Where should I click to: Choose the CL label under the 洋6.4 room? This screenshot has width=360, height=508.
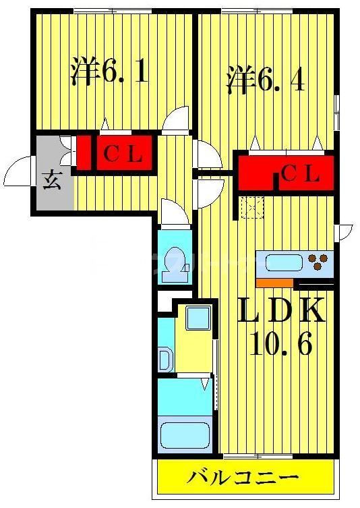tap(300, 174)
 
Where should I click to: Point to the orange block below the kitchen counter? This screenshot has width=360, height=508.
tap(274, 282)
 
